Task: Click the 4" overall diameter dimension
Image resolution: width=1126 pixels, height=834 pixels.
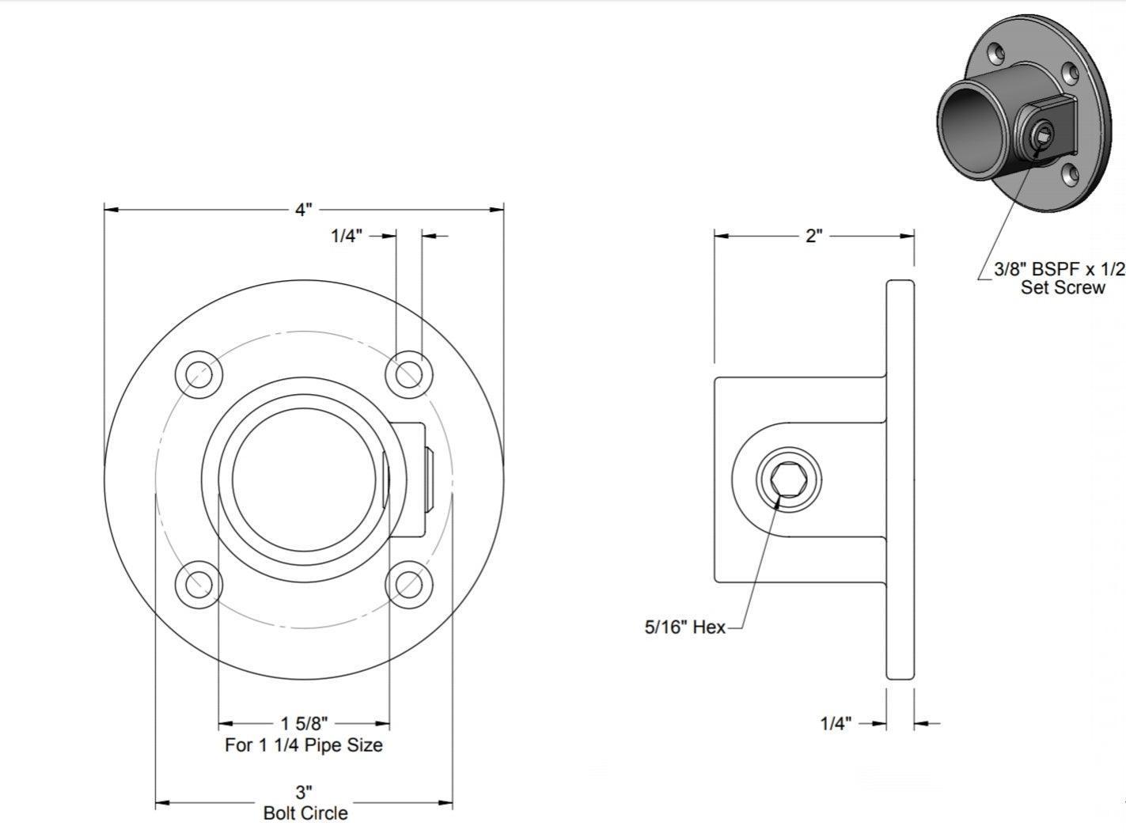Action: pos(304,209)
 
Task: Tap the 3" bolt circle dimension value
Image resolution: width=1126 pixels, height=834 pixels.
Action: pos(304,792)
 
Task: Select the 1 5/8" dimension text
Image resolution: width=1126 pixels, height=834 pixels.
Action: pos(304,723)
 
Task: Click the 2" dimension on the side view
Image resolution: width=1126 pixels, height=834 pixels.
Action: pos(813,236)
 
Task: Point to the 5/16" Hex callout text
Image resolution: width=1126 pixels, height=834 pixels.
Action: pos(684,627)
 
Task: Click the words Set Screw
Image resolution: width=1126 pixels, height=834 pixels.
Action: pos(1063,288)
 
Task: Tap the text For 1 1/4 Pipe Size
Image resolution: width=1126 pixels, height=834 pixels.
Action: pos(304,745)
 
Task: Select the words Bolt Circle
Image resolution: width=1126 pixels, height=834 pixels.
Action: pos(305,813)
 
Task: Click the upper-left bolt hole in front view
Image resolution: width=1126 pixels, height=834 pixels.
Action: pos(199,374)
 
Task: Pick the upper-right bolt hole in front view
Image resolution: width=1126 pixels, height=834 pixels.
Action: pos(408,374)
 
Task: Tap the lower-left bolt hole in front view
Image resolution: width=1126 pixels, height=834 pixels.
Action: pos(199,585)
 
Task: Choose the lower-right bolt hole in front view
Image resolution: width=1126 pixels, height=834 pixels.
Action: pos(408,585)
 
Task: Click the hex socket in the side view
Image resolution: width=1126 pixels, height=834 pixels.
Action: pos(789,480)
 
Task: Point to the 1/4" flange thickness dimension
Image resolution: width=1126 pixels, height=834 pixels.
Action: pos(836,723)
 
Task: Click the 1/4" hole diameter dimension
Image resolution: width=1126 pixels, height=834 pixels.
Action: pos(347,236)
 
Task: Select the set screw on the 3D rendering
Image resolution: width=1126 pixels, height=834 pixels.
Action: pos(1042,134)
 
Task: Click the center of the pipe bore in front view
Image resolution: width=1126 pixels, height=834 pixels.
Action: pos(304,480)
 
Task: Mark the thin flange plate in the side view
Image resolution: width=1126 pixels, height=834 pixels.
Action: pos(900,480)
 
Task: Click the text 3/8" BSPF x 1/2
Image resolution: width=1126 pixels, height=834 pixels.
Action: pos(1060,269)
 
